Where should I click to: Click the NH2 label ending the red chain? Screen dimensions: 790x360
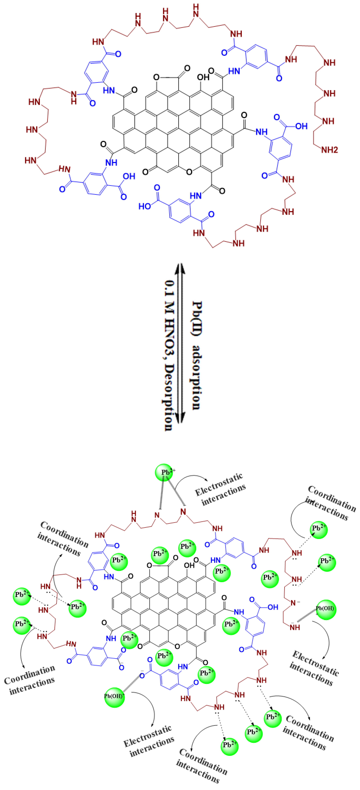(329, 150)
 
